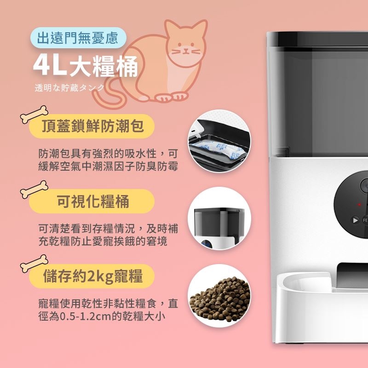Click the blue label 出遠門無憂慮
[x=78, y=38]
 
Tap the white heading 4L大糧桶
[x=86, y=66]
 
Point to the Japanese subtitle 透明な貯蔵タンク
[x=69, y=88]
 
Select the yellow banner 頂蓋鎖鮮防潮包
[x=92, y=126]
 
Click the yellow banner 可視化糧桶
[x=92, y=201]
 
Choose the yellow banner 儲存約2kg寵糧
[x=92, y=276]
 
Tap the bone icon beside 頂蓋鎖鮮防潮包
[x=34, y=114]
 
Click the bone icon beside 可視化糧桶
[x=34, y=190]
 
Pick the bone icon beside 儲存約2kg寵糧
[x=34, y=263]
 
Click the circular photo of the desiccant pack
[x=219, y=141]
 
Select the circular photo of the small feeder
[x=219, y=218]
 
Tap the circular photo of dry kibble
[x=219, y=296]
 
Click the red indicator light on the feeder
[x=359, y=204]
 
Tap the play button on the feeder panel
[x=355, y=220]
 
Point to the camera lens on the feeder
[x=364, y=185]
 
